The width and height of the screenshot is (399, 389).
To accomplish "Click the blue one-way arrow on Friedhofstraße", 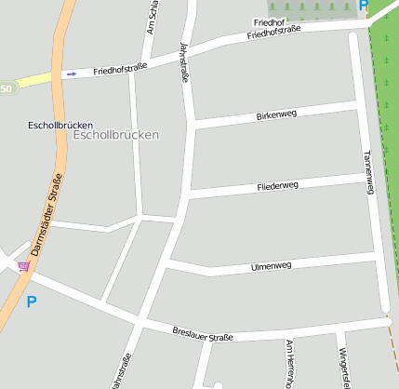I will [72, 74].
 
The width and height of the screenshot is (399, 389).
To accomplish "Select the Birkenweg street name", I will [276, 115].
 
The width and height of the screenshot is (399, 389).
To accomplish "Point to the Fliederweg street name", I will [277, 187].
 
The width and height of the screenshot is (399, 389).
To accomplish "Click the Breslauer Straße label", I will [203, 333].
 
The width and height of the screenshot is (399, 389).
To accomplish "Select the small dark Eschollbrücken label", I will [60, 124].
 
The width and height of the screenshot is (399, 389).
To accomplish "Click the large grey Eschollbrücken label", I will [115, 135].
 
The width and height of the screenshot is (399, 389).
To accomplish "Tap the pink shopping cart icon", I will [23, 266].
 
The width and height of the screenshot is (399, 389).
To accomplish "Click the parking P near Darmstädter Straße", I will [31, 302].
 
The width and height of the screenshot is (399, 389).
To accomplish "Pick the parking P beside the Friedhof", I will [364, 5].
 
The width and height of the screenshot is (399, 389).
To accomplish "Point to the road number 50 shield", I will [7, 88].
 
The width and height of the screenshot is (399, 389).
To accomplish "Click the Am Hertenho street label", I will [290, 363].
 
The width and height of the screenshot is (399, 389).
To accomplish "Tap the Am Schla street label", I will [152, 17].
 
